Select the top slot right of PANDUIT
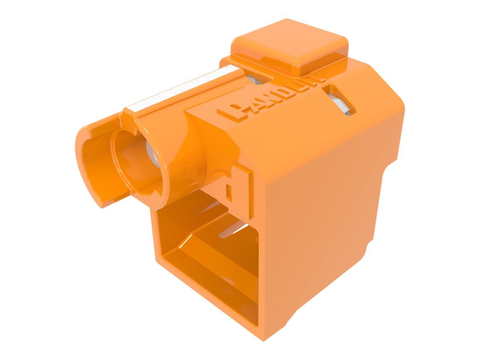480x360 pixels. tap(340, 100)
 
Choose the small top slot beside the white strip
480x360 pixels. tap(256, 78)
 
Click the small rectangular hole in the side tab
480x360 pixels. tap(230, 192)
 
